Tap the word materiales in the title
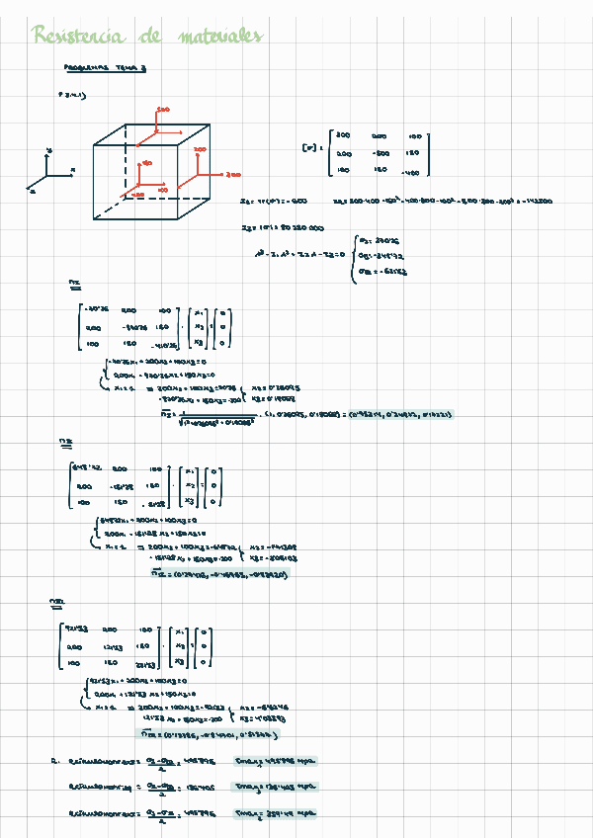coord(221,38)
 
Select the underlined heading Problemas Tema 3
coord(104,70)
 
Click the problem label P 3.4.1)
coord(72,96)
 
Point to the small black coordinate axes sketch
coord(50,173)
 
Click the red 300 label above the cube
coord(163,109)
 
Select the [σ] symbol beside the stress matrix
coord(308,148)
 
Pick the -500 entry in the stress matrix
coord(381,153)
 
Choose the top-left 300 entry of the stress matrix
coord(344,134)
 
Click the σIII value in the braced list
coord(381,270)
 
